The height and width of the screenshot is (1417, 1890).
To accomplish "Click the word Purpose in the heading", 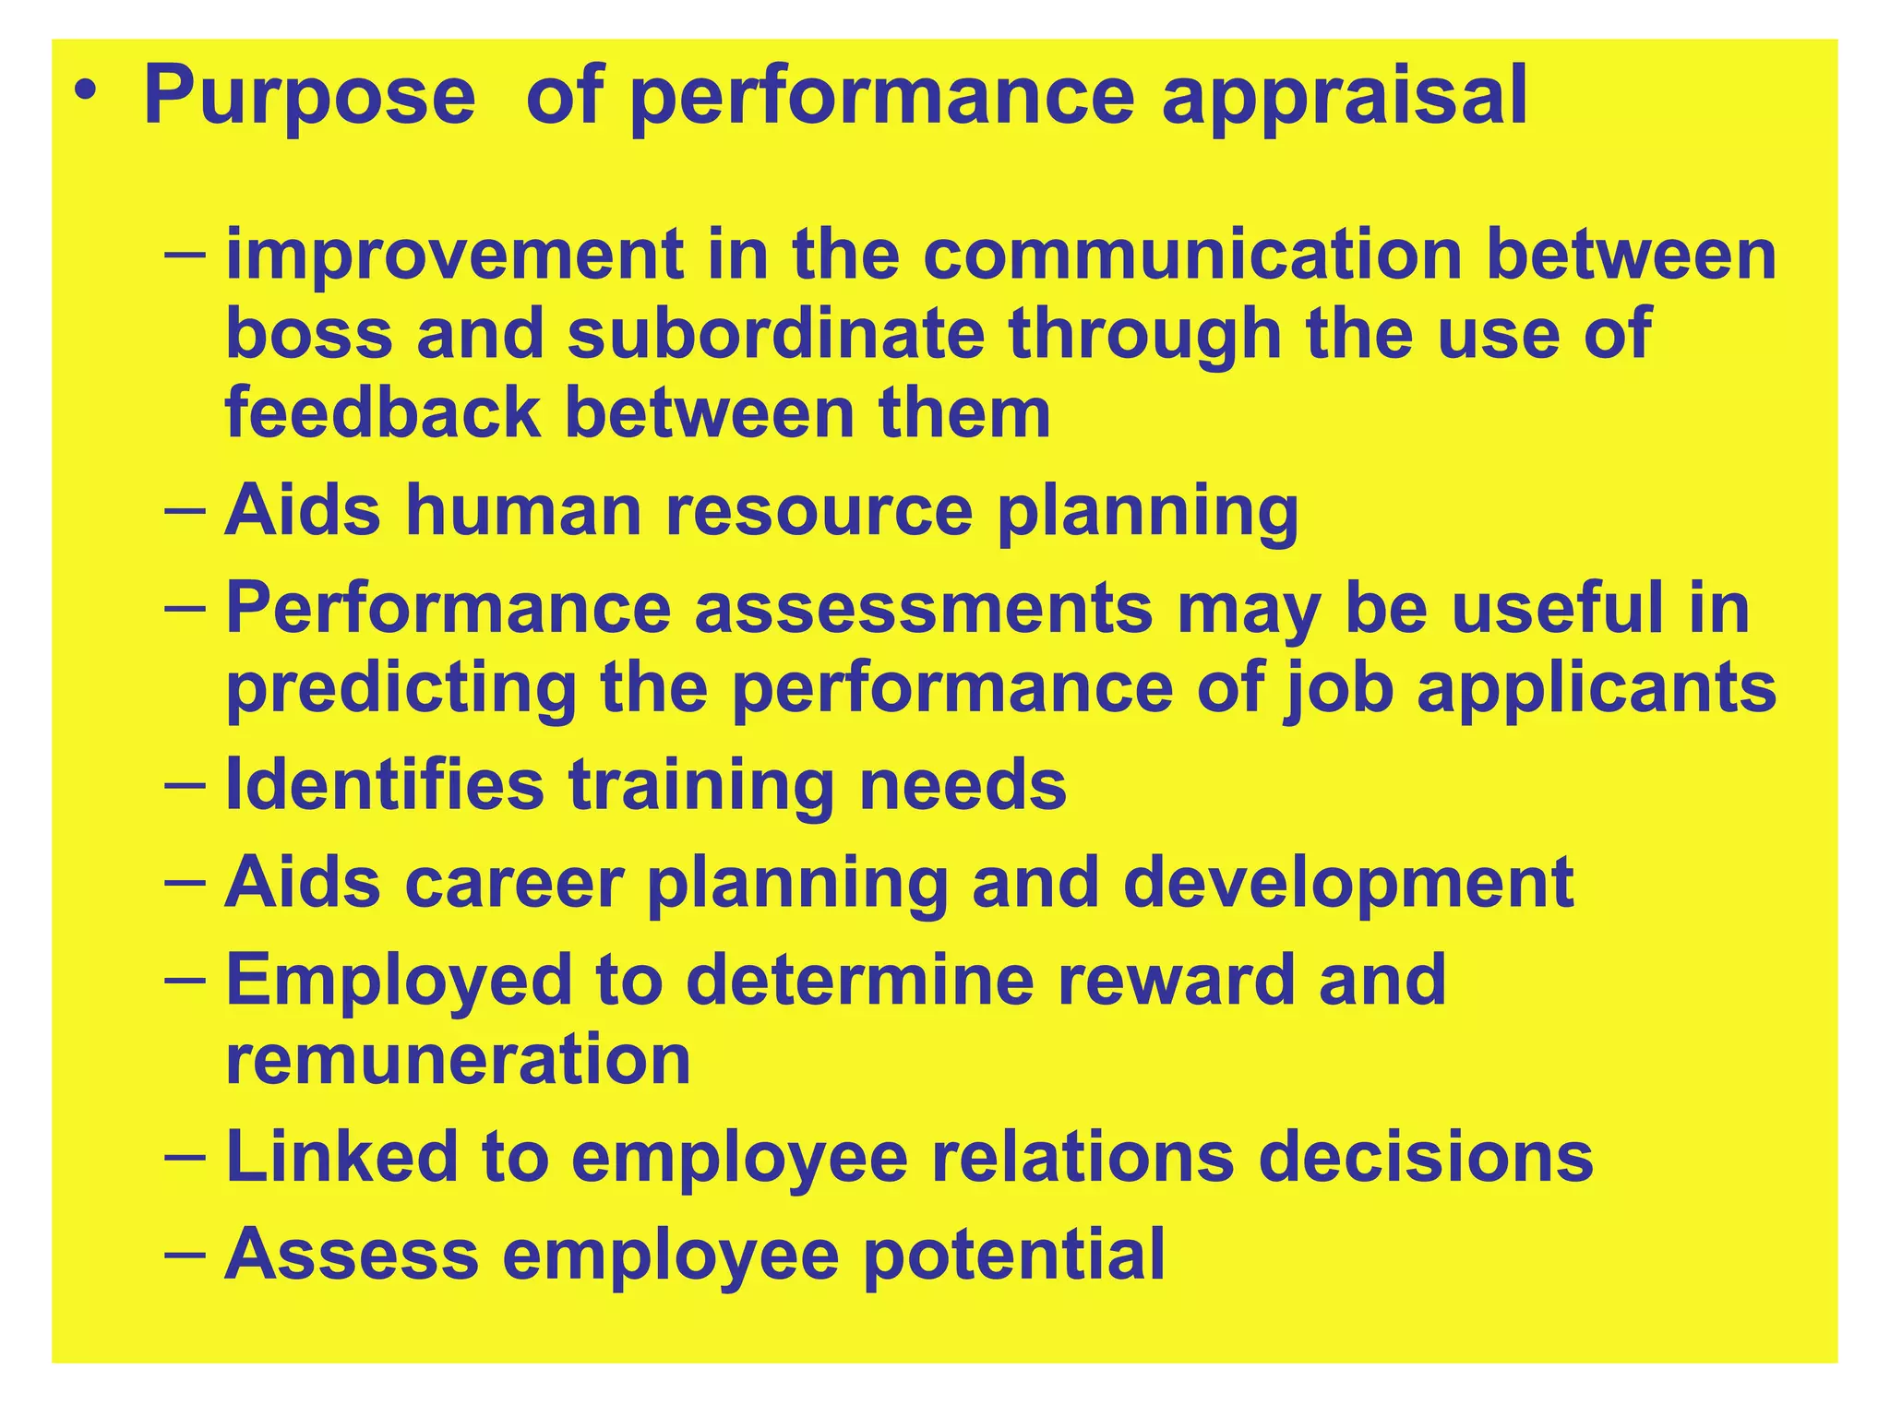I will click(309, 97).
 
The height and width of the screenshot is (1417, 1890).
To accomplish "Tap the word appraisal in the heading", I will click(1345, 97).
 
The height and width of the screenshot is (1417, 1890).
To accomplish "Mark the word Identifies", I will click(385, 785).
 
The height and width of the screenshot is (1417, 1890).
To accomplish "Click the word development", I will click(1348, 884).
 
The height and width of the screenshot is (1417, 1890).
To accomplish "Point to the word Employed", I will click(399, 982).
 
